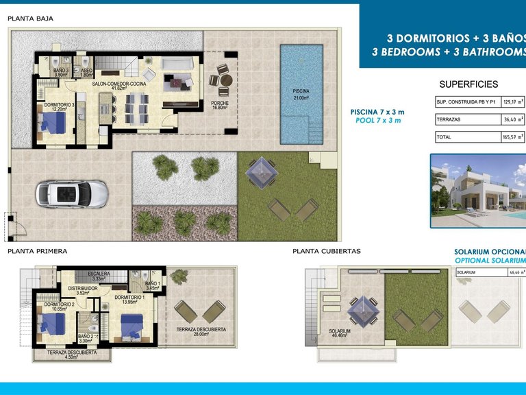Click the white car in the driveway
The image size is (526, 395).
pos(72,194)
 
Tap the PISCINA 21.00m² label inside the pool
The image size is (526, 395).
pos(301,95)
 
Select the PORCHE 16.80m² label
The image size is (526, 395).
pos(219,104)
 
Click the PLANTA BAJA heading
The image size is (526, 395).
pos(30,19)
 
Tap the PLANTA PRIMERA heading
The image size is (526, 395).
pos(37,251)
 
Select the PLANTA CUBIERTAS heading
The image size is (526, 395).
pos(326,251)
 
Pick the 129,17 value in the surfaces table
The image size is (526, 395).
pos(510,101)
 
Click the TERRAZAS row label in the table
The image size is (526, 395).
pos(449,119)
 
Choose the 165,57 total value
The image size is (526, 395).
pos(510,137)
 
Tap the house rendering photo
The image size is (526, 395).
pos(477,190)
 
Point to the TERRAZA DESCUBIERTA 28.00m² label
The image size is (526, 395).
pos(201,332)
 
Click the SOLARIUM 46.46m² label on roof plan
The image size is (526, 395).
pos(339,334)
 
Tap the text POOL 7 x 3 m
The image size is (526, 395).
pos(378,120)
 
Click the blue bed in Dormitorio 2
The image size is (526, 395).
pos(53,322)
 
